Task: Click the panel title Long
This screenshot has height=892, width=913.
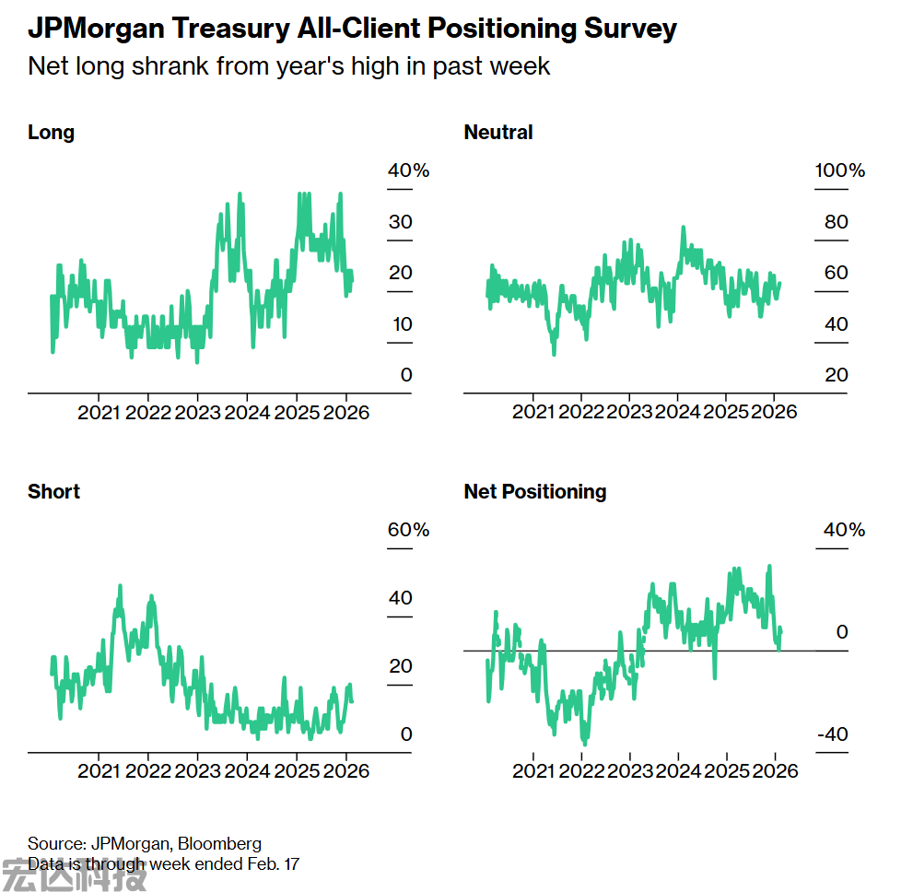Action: pos(51,133)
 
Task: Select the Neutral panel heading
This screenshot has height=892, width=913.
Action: pos(498,133)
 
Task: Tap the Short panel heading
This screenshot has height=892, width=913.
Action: pos(53,492)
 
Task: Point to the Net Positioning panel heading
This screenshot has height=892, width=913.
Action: pos(535,492)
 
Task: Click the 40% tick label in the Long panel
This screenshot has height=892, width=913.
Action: pos(408,171)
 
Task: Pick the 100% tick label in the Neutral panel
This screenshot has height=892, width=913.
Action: pos(840,171)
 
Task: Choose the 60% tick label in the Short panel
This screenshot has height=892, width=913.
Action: pos(408,531)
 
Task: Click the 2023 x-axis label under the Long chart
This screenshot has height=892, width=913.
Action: pos(198,413)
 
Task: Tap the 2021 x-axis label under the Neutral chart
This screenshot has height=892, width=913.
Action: pos(534,413)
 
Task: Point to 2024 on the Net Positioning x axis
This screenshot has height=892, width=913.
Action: pos(678,771)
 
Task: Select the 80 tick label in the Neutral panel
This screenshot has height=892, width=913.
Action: pos(837,222)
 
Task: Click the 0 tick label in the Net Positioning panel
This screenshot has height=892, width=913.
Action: pos(841,632)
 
